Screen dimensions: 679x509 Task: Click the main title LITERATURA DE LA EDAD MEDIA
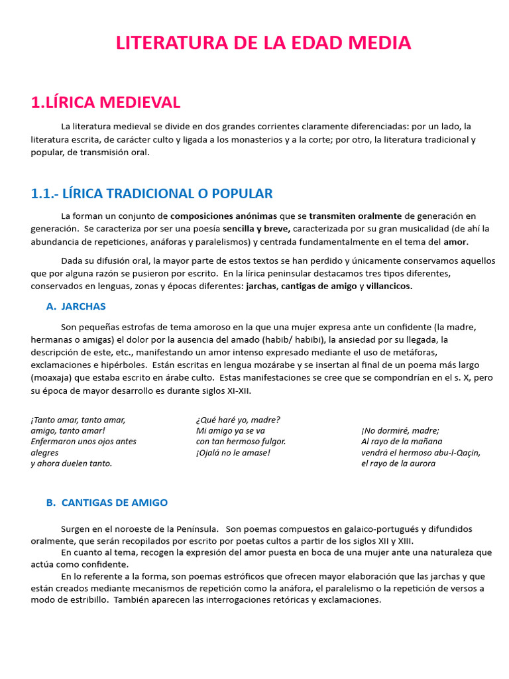coord(263,43)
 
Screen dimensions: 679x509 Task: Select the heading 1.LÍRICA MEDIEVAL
coord(105,102)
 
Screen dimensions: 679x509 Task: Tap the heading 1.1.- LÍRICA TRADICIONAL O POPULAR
coord(152,194)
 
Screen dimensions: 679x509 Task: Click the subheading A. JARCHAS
coord(76,306)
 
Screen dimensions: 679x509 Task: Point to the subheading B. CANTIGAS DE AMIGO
coord(107,503)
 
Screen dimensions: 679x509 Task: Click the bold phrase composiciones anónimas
coord(223,216)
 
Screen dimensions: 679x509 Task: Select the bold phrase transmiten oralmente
coord(355,216)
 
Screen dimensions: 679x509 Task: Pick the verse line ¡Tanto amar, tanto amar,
coord(78,420)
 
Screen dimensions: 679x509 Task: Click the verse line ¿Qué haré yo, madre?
coord(238,420)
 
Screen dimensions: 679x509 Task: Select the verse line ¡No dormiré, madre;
coord(400,430)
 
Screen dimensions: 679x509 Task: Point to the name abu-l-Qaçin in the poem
coord(453,453)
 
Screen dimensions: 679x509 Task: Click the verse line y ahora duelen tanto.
coord(72,463)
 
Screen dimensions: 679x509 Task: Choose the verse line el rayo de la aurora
coord(398,463)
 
